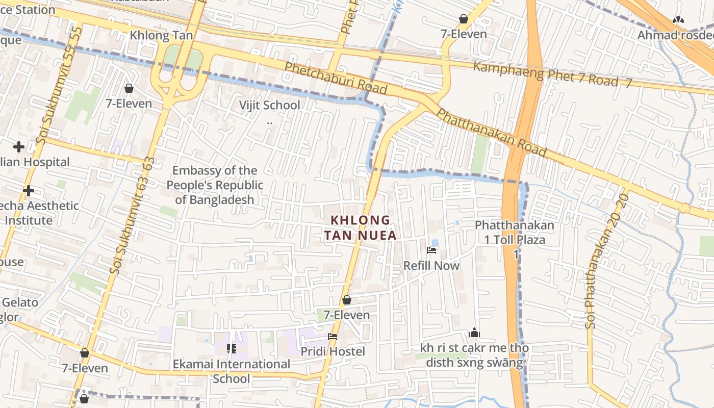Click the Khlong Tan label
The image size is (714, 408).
(x=161, y=35)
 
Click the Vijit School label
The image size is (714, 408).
(x=270, y=105)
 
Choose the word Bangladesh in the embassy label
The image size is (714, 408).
(x=214, y=199)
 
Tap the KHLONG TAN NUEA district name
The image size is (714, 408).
(x=360, y=227)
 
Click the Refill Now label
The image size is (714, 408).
(x=431, y=265)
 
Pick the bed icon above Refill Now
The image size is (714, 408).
(x=431, y=250)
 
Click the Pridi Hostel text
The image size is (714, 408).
(x=333, y=351)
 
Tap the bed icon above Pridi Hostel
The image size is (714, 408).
(x=333, y=337)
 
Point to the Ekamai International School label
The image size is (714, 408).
(x=231, y=371)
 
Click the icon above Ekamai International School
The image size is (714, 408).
(x=231, y=349)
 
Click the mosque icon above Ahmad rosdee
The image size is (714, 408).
(x=678, y=20)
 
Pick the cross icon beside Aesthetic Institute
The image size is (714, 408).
(x=29, y=191)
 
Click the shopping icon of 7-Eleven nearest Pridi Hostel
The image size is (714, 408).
(x=347, y=300)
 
